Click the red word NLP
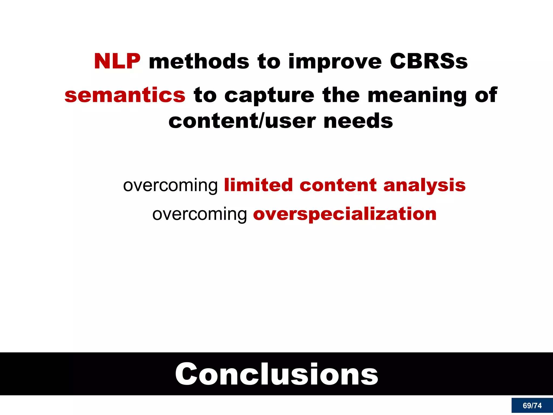(x=117, y=61)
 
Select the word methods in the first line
(x=199, y=61)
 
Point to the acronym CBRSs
(x=429, y=61)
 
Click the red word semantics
(x=125, y=95)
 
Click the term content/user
(x=242, y=121)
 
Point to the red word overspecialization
(x=345, y=214)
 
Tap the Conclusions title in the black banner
(x=276, y=374)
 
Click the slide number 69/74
(x=532, y=406)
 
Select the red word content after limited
(x=338, y=185)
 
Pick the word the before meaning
(x=341, y=95)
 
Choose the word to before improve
(x=269, y=61)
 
